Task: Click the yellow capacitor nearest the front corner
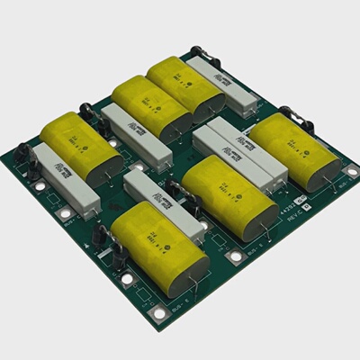(x=160, y=247)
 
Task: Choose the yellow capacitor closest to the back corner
(x=185, y=85)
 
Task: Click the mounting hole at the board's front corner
(x=159, y=312)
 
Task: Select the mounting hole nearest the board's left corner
(x=40, y=186)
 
